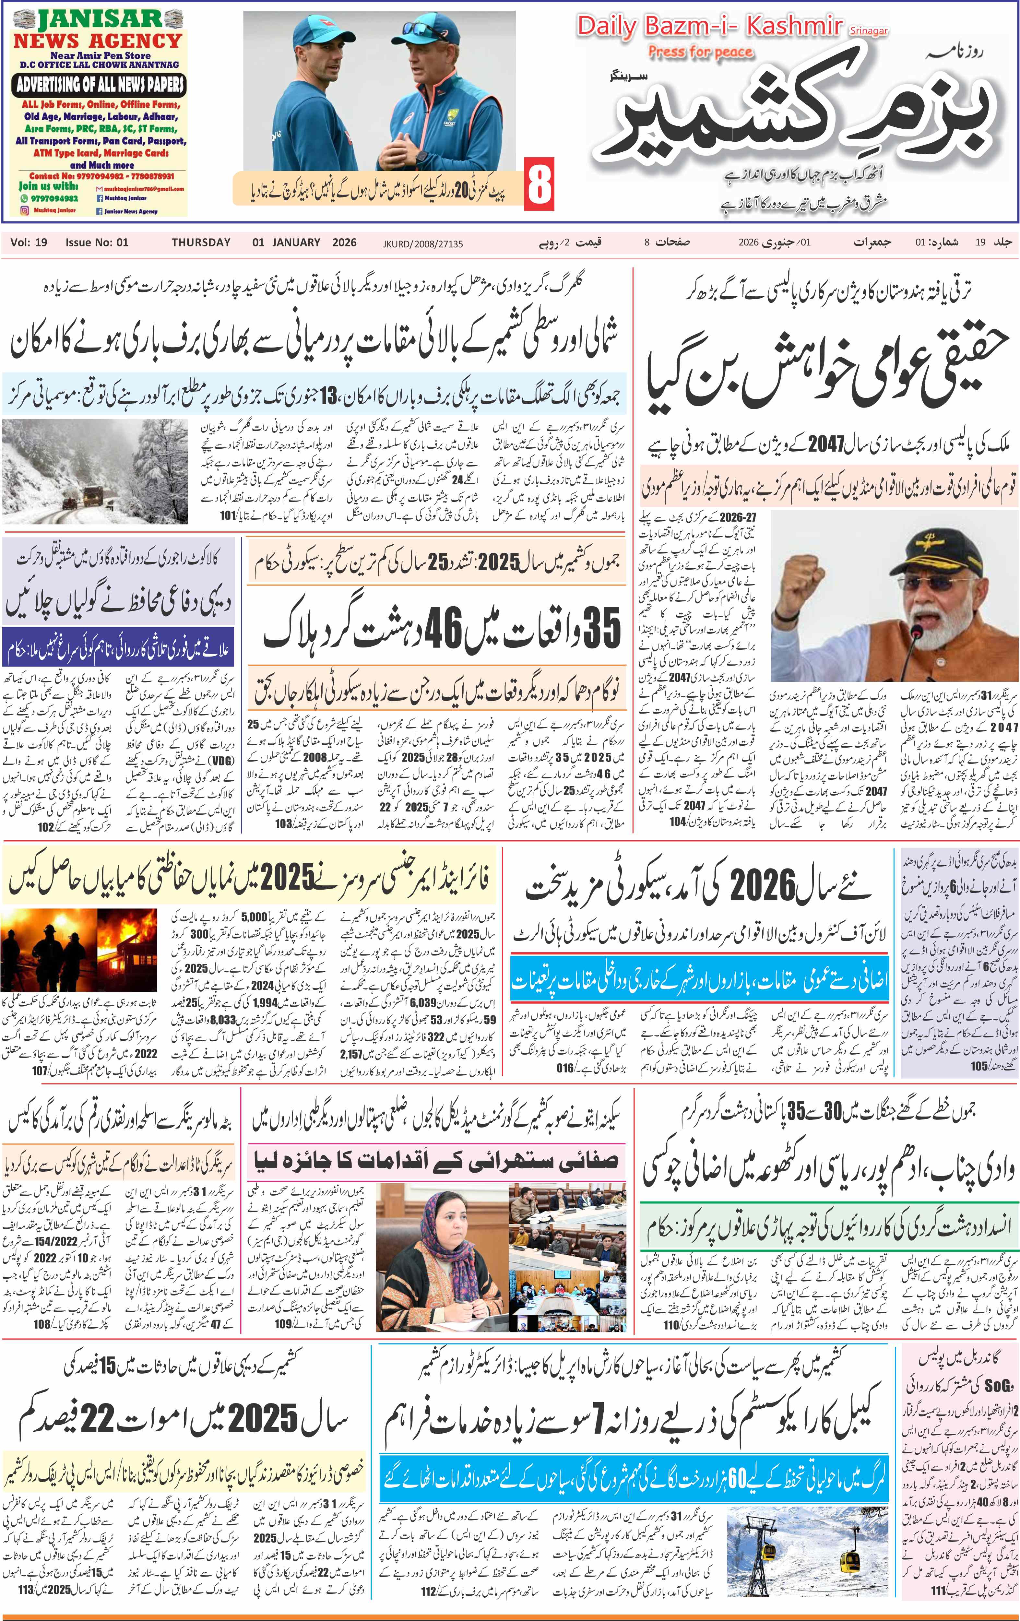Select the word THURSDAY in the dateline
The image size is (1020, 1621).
[201, 243]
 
